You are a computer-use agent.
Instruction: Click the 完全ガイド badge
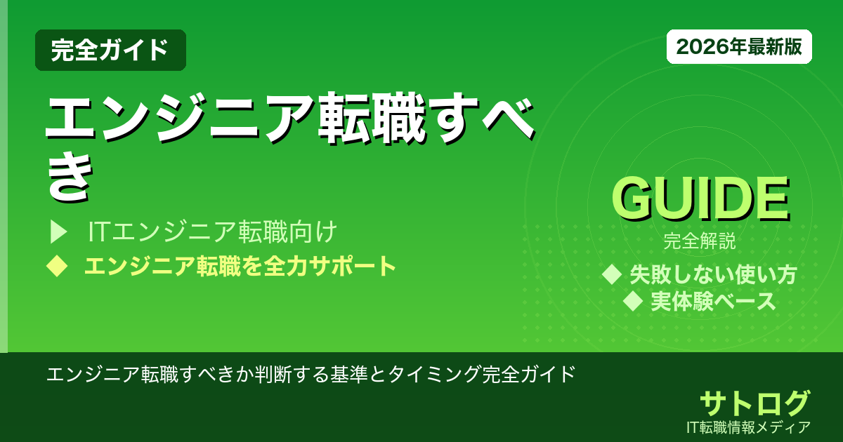coord(110,50)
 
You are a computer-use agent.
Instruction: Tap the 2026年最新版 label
coord(739,47)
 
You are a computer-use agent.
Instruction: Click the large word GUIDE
coord(700,200)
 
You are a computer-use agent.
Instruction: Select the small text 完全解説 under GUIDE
coord(700,243)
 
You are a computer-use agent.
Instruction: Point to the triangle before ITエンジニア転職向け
coord(58,231)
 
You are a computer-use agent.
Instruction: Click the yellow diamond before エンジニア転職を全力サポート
coord(56,266)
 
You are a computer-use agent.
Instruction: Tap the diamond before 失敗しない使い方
coord(613,274)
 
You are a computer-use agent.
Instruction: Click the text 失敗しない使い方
coord(712,274)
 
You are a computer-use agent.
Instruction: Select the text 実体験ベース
coord(712,302)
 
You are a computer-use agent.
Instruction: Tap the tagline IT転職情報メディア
coord(750,427)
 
